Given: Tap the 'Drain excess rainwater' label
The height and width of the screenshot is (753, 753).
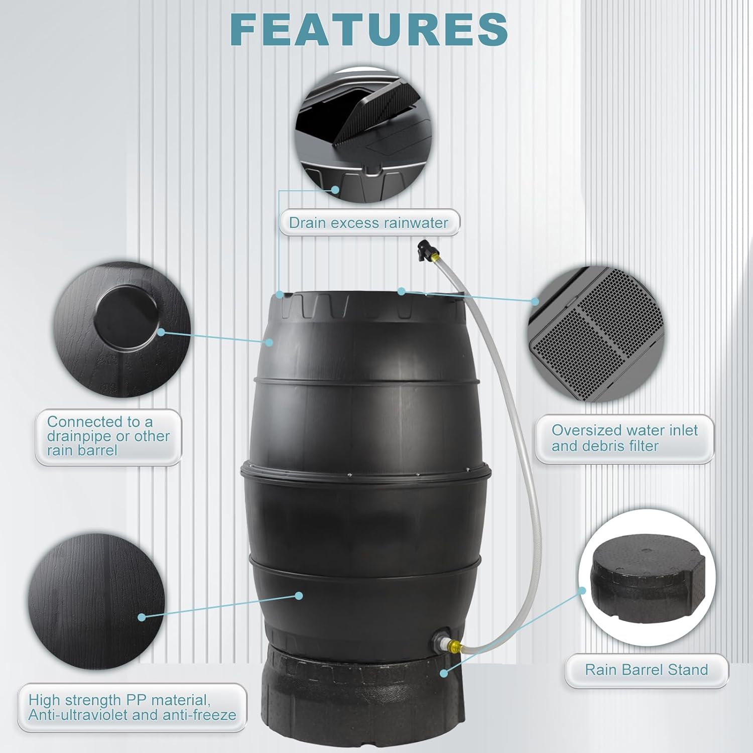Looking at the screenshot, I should [368, 222].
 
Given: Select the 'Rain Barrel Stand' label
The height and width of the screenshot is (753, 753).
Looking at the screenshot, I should [646, 670].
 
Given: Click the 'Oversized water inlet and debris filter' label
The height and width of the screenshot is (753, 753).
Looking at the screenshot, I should [624, 438].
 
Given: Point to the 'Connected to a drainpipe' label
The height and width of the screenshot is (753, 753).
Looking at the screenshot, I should [108, 436].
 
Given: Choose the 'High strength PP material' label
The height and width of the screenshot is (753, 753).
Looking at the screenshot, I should [132, 707].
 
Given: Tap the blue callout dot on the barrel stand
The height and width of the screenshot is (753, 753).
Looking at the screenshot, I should [443, 672].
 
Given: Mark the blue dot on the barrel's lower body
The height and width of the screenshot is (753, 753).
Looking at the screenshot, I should [299, 596].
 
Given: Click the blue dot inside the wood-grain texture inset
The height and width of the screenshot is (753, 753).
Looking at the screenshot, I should [142, 617].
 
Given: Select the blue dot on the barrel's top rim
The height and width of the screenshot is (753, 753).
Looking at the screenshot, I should [401, 291].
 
